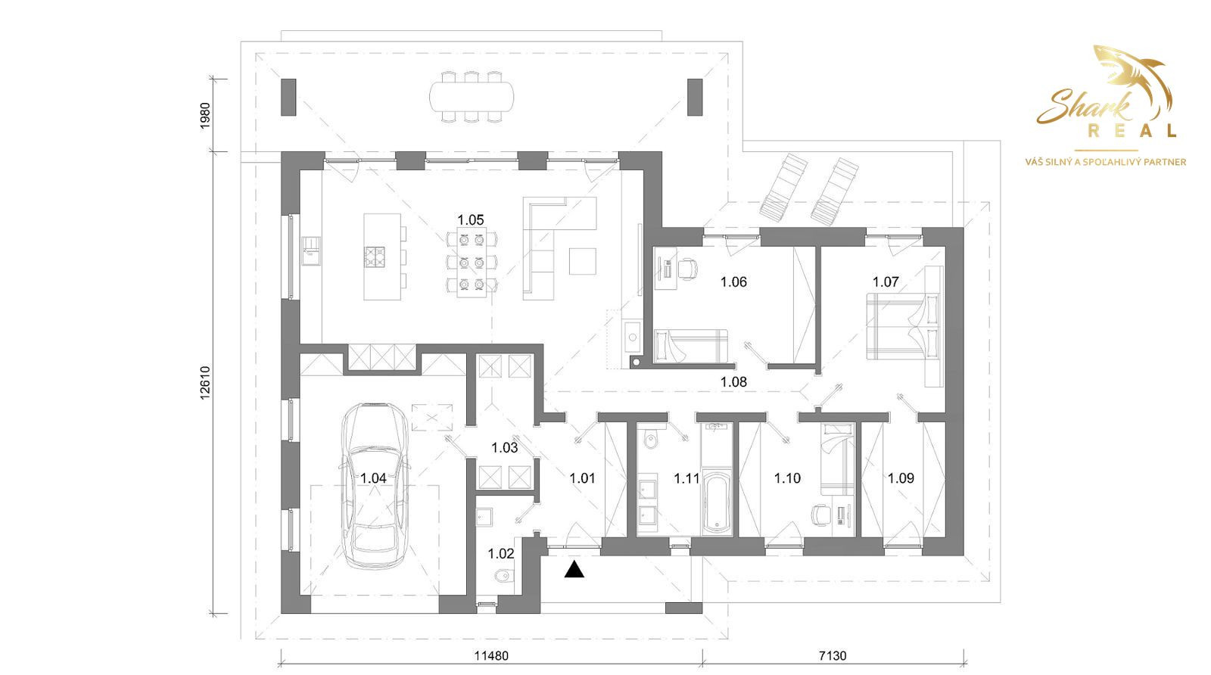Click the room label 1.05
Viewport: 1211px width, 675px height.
click(470, 220)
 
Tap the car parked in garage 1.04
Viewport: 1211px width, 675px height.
click(374, 485)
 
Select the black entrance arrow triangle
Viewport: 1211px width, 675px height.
click(574, 569)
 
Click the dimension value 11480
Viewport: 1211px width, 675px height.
click(491, 656)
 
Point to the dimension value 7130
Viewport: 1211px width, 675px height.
click(833, 656)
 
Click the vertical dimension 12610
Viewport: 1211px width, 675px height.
click(205, 383)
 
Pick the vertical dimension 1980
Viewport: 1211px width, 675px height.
click(205, 116)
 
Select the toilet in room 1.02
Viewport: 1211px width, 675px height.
click(503, 575)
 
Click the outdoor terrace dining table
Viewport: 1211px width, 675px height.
click(472, 97)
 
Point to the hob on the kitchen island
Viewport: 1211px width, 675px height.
click(374, 257)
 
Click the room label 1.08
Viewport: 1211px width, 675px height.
click(733, 382)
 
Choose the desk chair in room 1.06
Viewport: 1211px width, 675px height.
click(688, 269)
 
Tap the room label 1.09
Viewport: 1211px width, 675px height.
click(901, 478)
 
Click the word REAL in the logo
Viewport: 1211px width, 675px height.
click(1132, 131)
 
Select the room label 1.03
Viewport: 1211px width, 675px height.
click(504, 447)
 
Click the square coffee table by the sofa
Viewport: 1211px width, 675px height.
click(583, 262)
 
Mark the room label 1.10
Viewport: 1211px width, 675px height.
click(787, 478)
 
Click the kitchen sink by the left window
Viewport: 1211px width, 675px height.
click(311, 250)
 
